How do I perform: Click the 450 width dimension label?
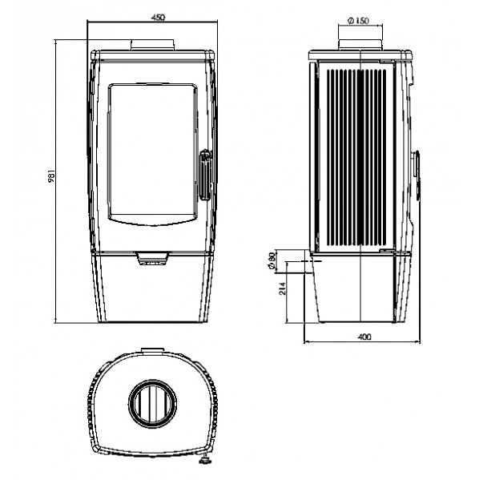point(158,18)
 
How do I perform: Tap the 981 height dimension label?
point(51,176)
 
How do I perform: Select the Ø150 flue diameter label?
point(358,21)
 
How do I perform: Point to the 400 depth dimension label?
point(364,337)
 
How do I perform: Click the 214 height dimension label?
point(283,288)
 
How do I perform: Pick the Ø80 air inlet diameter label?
point(272,261)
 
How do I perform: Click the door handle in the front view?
point(205,175)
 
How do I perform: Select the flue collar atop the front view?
point(153,45)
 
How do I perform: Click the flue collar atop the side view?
point(360,45)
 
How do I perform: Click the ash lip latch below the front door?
point(152,259)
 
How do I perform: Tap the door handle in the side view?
point(417,175)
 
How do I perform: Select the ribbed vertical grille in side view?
point(356,157)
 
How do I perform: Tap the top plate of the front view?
point(152,55)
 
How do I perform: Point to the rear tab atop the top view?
point(152,350)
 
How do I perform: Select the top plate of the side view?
point(360,55)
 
